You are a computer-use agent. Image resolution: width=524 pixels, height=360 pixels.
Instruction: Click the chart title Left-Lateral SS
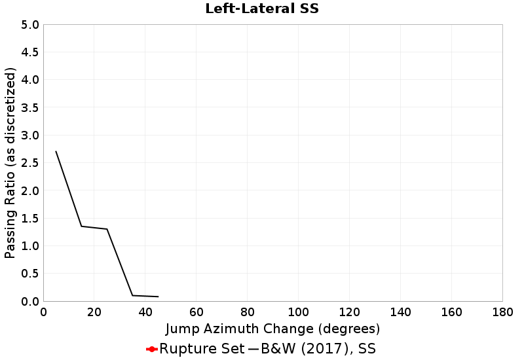(x=261, y=9)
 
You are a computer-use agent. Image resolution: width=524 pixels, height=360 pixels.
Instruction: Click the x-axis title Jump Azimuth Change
(x=272, y=329)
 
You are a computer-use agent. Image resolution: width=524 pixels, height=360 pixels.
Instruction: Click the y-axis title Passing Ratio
(x=10, y=163)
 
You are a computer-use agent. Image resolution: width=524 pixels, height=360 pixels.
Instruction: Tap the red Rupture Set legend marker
(x=152, y=349)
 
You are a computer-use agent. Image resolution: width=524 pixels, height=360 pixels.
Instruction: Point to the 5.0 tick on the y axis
(x=31, y=25)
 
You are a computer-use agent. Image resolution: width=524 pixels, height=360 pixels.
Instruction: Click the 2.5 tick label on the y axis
(x=31, y=163)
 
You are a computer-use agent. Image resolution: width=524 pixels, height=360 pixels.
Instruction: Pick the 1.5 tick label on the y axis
(x=31, y=219)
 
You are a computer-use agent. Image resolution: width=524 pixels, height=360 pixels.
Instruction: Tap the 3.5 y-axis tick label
(x=31, y=108)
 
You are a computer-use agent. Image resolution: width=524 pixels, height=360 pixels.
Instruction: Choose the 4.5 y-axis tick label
(x=31, y=52)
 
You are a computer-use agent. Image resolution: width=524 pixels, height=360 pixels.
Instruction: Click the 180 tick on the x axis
(x=502, y=312)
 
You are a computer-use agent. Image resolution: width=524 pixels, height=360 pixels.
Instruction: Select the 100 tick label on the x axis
(x=298, y=312)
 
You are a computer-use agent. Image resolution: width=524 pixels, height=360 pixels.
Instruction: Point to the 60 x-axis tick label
(x=196, y=312)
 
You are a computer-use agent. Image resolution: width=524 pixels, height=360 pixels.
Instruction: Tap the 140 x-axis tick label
(x=400, y=312)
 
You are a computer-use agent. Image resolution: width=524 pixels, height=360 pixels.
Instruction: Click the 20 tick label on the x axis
(x=94, y=312)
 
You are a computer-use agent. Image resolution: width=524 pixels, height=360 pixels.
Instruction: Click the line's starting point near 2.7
(x=56, y=152)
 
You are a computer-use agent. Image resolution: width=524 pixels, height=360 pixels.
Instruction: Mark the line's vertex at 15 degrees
(x=81, y=226)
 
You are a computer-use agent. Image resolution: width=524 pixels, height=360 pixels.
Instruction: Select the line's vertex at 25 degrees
(x=107, y=229)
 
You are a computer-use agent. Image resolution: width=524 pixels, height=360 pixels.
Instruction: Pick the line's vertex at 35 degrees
(x=132, y=296)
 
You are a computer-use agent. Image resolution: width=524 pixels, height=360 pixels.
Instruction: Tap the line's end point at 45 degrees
(x=158, y=297)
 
